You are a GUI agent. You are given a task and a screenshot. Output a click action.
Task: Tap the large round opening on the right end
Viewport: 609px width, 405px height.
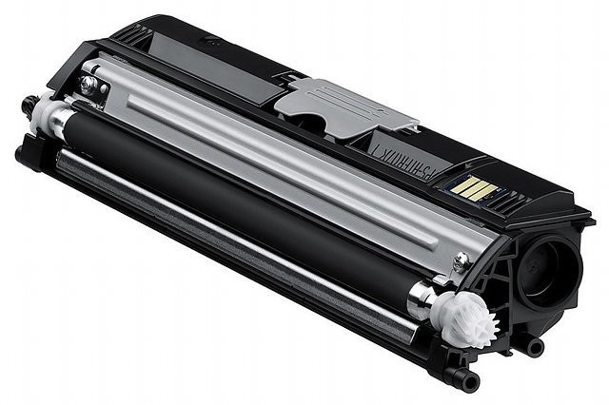[x=550, y=270]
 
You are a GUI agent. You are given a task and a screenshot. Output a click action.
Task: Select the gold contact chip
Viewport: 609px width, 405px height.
[x=474, y=187]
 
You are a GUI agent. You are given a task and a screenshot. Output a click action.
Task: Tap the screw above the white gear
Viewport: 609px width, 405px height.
[x=460, y=260]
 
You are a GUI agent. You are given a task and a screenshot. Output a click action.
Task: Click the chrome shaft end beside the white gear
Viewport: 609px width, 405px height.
[x=422, y=302]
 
